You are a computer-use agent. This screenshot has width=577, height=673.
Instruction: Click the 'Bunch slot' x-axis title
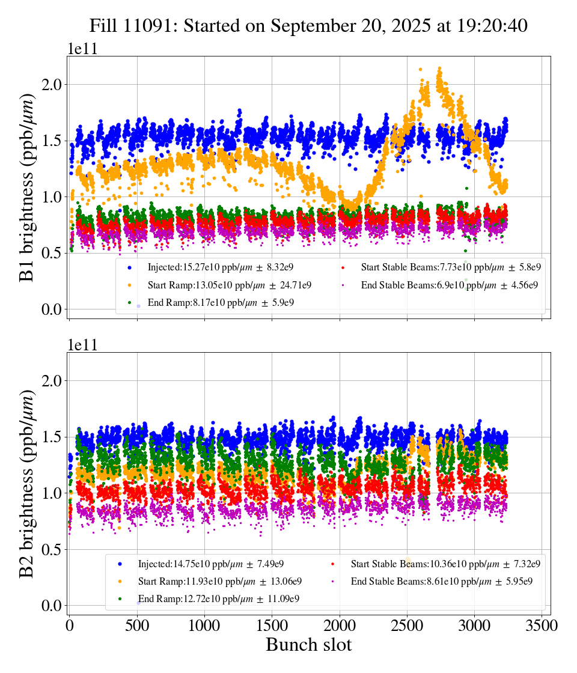point(308,645)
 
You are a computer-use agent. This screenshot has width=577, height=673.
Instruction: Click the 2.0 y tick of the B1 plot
point(53,85)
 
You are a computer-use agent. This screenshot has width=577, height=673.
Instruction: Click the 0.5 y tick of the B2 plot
point(53,549)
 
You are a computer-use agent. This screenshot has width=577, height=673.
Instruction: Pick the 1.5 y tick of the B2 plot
point(53,437)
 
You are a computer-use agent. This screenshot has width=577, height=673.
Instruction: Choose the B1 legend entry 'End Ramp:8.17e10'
point(221,302)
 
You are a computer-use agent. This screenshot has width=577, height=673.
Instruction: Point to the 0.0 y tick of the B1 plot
point(53,309)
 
